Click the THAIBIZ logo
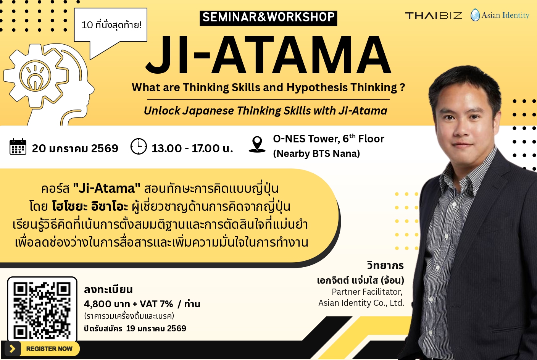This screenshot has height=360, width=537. (x=434, y=16)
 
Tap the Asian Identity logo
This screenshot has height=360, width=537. (x=500, y=15)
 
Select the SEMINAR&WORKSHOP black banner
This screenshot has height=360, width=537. (x=268, y=18)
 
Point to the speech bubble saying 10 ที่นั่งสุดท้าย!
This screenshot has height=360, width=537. (x=111, y=25)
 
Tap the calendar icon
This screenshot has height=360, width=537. (x=18, y=147)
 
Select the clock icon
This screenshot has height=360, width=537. (x=139, y=147)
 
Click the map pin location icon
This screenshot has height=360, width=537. (x=257, y=144)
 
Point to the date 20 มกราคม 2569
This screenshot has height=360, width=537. (x=75, y=149)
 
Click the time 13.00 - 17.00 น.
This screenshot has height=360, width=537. (x=192, y=149)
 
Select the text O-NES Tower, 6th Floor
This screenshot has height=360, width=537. (x=328, y=139)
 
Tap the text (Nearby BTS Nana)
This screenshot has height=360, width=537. (x=316, y=153)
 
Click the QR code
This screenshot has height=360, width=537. (x=42, y=310)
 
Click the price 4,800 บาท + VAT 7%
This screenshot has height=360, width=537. (x=129, y=304)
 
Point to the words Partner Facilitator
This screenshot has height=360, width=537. (x=367, y=292)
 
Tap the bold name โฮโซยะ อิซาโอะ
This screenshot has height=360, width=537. (x=90, y=207)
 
